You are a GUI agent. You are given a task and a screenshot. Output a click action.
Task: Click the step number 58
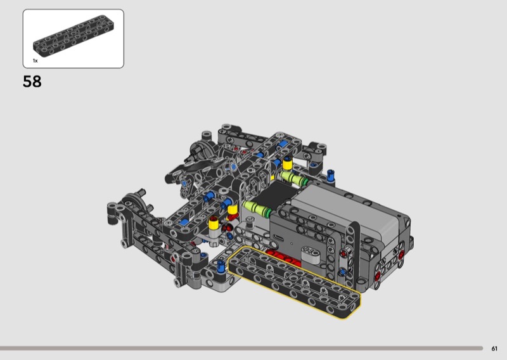(32, 82)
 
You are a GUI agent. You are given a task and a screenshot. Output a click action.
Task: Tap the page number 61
(494, 349)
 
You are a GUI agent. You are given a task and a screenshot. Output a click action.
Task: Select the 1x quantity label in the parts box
(35, 60)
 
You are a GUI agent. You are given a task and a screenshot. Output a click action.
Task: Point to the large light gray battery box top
(349, 207)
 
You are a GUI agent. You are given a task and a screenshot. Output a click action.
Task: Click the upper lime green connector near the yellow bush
(293, 178)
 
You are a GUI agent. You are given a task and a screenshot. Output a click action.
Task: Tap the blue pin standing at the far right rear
(330, 176)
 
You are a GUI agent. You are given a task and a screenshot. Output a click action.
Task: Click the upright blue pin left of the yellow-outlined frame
(221, 266)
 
